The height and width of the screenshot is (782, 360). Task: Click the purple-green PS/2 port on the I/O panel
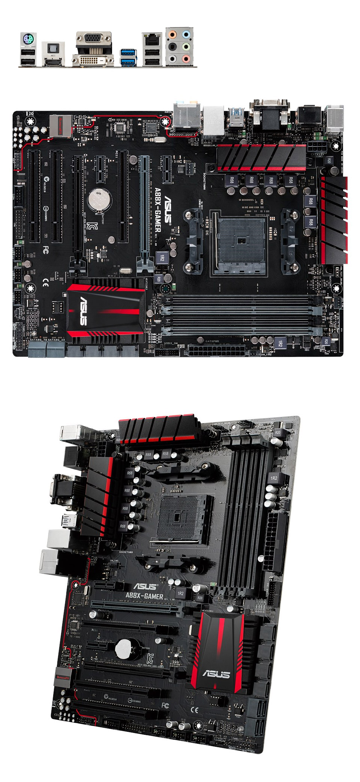[x=28, y=39]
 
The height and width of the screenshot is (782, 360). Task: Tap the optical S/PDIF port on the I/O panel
[x=53, y=49]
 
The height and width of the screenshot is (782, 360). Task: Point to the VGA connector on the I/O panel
[x=93, y=39]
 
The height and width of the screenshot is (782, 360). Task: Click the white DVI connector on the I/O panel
[x=93, y=60]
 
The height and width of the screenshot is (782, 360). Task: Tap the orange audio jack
[x=172, y=35]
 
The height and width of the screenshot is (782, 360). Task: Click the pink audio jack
[x=186, y=59]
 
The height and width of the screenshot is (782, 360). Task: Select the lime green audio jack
[x=186, y=47]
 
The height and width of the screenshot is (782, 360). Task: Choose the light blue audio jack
[x=186, y=35]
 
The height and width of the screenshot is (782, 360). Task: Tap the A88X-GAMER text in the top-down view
[x=158, y=210]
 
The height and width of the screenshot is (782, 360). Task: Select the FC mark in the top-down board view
[x=45, y=250]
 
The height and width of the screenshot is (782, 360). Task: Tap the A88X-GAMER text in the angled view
[x=144, y=596]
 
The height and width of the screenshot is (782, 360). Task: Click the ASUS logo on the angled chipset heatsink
[x=216, y=674]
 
